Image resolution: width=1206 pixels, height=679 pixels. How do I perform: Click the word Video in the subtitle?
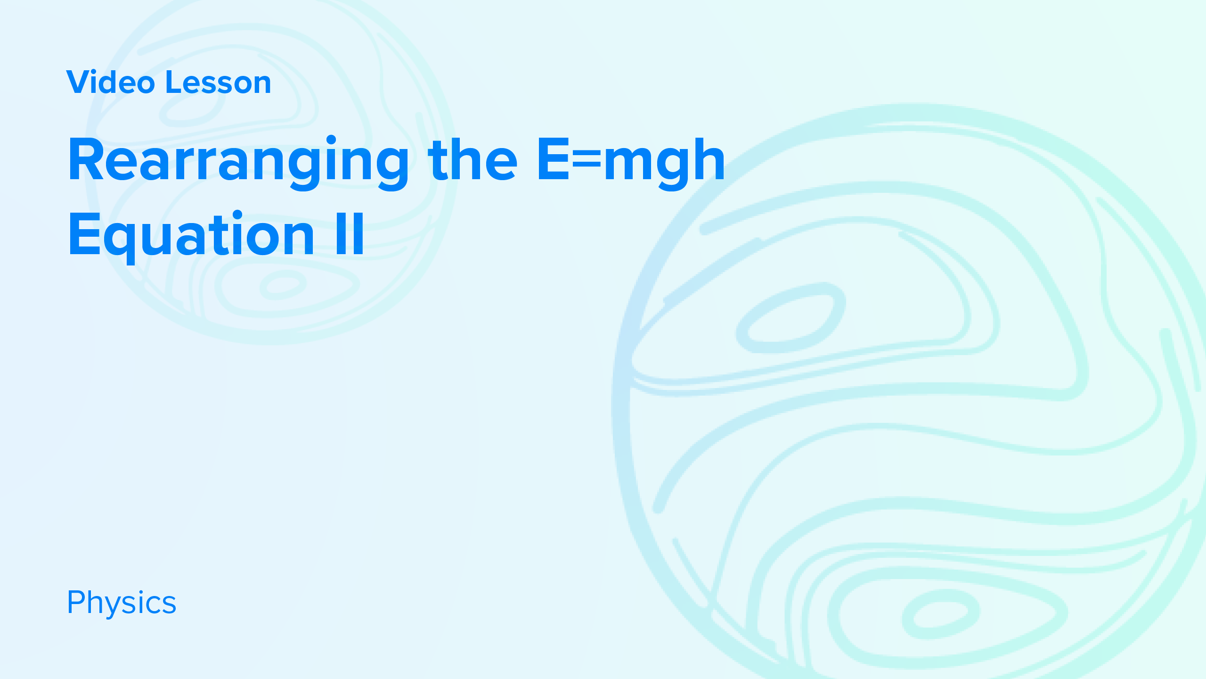pyautogui.click(x=111, y=82)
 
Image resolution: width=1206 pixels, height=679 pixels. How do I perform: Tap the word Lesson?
pyautogui.click(x=218, y=82)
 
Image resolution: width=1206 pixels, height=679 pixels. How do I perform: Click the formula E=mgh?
pyautogui.click(x=631, y=160)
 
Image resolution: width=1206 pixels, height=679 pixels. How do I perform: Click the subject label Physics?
pyautogui.click(x=122, y=603)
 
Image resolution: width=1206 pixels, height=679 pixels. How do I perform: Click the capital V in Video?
pyautogui.click(x=79, y=82)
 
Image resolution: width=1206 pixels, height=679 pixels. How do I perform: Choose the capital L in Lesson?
pyautogui.click(x=175, y=82)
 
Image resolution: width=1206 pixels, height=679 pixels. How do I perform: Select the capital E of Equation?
pyautogui.click(x=85, y=233)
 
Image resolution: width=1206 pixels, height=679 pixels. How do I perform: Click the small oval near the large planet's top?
pyautogui.click(x=790, y=318)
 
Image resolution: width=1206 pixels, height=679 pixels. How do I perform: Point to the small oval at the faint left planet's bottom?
pyautogui.click(x=283, y=285)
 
